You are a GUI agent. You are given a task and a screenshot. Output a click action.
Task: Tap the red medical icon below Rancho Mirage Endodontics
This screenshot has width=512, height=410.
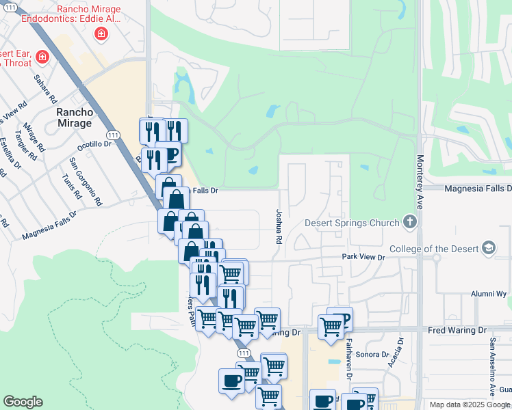101,33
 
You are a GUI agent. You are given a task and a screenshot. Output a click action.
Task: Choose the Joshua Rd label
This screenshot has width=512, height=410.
279,227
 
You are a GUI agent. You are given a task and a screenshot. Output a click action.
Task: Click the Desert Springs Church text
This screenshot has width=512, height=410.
352,223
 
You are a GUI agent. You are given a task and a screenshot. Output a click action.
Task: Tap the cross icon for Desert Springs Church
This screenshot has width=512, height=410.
409,221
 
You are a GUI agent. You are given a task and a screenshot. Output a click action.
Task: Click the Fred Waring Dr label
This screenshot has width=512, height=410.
459,329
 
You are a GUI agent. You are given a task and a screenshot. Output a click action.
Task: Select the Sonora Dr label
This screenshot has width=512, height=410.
374,355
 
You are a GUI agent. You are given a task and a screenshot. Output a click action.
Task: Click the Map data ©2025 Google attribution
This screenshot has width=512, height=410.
470,405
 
